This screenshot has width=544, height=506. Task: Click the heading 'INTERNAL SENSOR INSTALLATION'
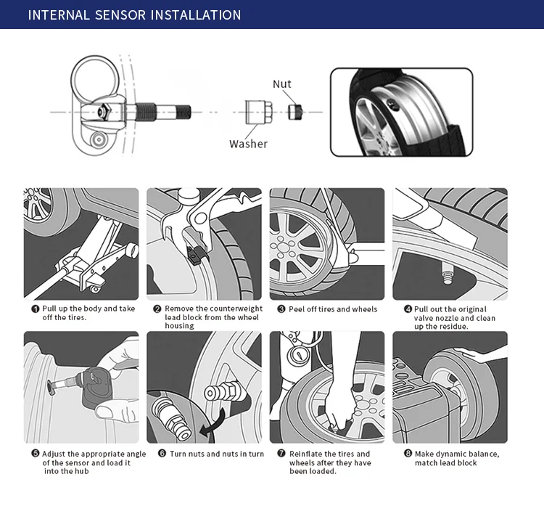134,15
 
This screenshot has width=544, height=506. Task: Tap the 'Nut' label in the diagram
281,84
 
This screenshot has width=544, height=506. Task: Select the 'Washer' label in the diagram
248,144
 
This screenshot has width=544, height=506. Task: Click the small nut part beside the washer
294,112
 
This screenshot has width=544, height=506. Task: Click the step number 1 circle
35,309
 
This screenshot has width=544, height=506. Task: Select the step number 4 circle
408,309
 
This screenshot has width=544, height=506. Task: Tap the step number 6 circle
162,454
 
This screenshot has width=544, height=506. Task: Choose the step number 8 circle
408,454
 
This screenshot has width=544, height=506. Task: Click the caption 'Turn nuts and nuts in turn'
217,454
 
